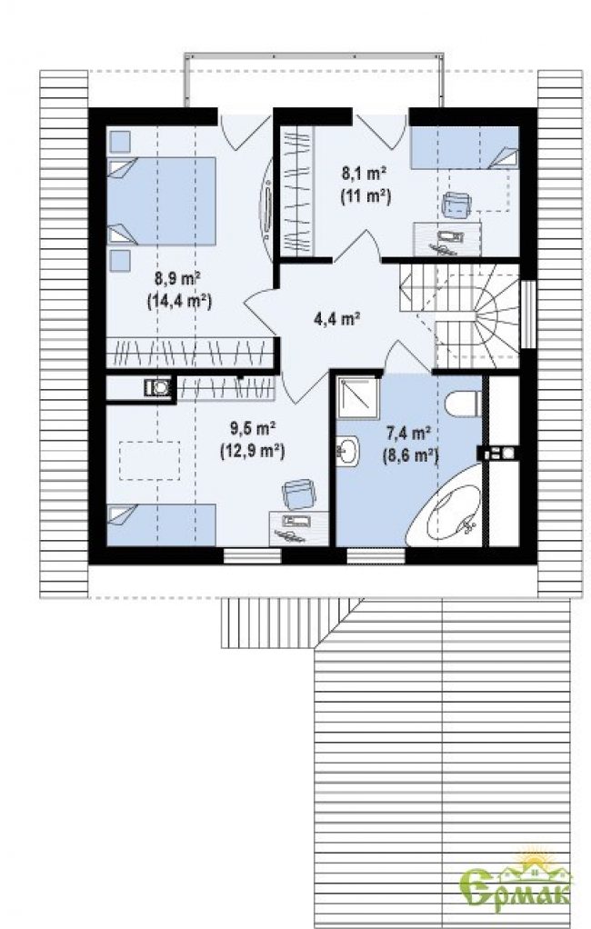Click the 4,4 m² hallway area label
click(337, 319)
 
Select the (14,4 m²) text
click(179, 301)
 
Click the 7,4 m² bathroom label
click(408, 434)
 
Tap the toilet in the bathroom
click(462, 404)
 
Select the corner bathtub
click(444, 505)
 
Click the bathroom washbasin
click(348, 452)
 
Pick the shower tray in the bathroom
click(357, 397)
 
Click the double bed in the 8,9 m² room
click(161, 201)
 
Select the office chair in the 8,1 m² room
click(456, 205)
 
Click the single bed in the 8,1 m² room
click(465, 147)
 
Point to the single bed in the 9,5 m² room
click(161, 524)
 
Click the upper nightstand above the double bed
click(120, 141)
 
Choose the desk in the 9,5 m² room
click(299, 528)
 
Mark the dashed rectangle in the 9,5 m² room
click(149, 460)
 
